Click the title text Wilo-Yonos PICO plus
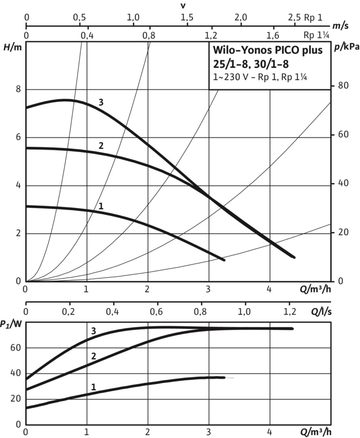point(268,52)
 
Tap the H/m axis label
point(12,47)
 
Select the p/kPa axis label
point(347,47)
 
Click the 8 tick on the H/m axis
point(18,89)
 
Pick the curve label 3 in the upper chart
point(101,103)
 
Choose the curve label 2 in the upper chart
point(101,146)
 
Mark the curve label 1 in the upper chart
point(101,206)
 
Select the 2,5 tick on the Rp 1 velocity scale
point(295,17)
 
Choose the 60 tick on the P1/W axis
point(18,348)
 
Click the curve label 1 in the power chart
point(93,387)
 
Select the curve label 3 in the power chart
point(94,331)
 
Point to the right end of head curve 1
point(224,260)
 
